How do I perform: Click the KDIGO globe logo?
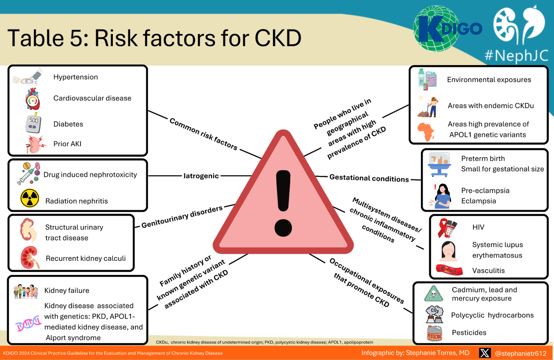[x=438, y=29]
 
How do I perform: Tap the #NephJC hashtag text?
[x=516, y=55]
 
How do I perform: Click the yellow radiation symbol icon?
[x=30, y=198]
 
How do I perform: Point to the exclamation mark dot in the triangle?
[x=283, y=227]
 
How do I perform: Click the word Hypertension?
[x=76, y=77]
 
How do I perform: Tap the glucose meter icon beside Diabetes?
[x=33, y=123]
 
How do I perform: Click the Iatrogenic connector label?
[x=201, y=176]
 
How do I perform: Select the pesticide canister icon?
[x=434, y=333]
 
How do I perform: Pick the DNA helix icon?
[x=28, y=324]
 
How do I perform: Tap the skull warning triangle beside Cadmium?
[x=434, y=294]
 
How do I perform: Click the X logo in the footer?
[x=485, y=353]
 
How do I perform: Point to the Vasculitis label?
[x=488, y=271]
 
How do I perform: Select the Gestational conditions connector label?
[x=369, y=178]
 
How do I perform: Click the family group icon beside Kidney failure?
[x=26, y=291]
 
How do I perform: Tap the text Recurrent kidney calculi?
[x=86, y=258]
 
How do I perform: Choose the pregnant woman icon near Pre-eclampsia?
[x=442, y=196]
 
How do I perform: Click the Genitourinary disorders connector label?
[x=182, y=217]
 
